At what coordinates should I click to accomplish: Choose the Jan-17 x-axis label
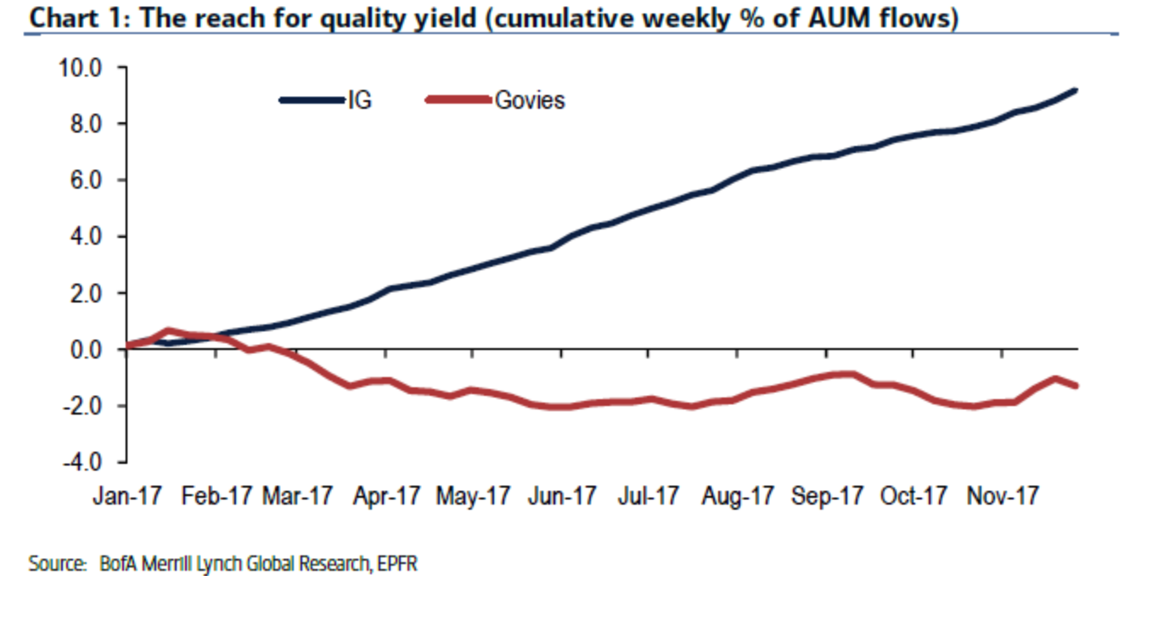pos(124,496)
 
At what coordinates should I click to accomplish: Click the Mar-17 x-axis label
pos(296,496)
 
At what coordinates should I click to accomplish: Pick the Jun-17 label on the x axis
pos(561,496)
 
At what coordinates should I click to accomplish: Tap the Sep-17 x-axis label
pos(826,496)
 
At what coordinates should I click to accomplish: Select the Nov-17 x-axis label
pos(1003,496)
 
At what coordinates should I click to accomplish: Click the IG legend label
pos(359,100)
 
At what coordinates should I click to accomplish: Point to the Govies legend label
pos(530,100)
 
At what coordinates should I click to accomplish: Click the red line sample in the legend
pos(458,100)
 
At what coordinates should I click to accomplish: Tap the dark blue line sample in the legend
pos(312,100)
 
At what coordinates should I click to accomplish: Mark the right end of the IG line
pos(1076,90)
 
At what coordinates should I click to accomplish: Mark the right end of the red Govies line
pos(1076,386)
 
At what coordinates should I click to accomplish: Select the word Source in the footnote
pos(47,564)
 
